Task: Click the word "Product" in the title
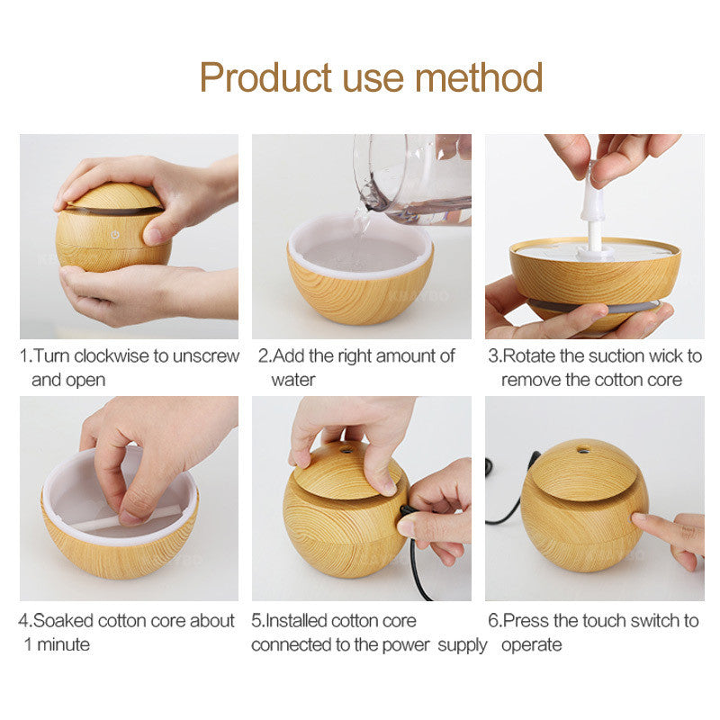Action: [x=265, y=77]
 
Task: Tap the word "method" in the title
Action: [x=479, y=77]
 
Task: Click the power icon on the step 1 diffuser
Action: [x=115, y=235]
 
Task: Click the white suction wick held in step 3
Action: [x=593, y=216]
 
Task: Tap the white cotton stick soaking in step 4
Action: [x=129, y=518]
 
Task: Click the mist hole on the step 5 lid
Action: [x=345, y=451]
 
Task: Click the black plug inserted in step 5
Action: [x=406, y=510]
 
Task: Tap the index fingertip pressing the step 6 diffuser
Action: [x=639, y=519]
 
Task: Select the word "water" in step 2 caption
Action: [x=293, y=380]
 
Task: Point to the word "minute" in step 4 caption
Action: [x=63, y=644]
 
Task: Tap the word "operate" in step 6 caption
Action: [x=531, y=645]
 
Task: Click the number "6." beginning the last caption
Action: [x=495, y=621]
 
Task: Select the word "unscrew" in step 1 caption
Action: [x=206, y=355]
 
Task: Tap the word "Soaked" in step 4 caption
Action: [x=63, y=621]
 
